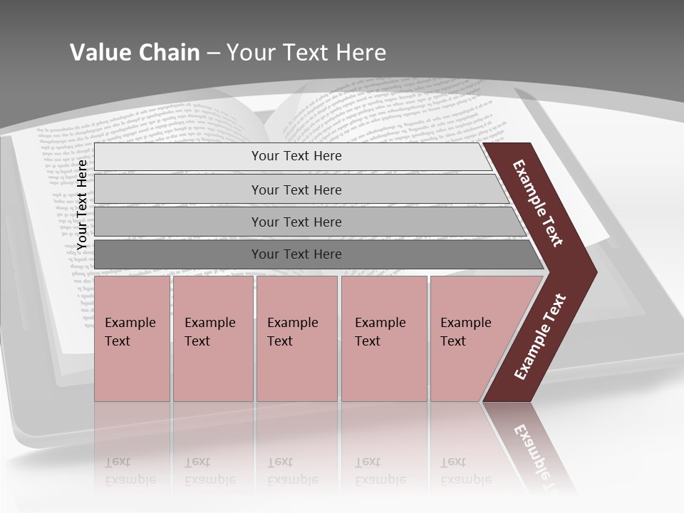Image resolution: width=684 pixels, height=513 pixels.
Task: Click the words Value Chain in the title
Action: (x=135, y=53)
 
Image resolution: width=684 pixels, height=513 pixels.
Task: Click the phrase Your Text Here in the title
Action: (x=306, y=53)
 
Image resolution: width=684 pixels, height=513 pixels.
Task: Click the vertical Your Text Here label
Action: (x=83, y=204)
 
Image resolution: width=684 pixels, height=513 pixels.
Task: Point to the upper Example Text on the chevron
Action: (x=538, y=203)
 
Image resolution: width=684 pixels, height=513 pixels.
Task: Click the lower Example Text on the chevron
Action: (x=540, y=337)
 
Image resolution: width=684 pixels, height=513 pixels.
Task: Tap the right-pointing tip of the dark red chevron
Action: (x=594, y=271)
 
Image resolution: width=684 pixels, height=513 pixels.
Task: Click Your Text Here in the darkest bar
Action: (x=296, y=254)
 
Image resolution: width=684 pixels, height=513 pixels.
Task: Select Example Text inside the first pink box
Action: (x=130, y=331)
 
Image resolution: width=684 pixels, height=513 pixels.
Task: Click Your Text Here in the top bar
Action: (x=296, y=156)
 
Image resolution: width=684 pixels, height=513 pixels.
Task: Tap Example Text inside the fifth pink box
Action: (x=465, y=331)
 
